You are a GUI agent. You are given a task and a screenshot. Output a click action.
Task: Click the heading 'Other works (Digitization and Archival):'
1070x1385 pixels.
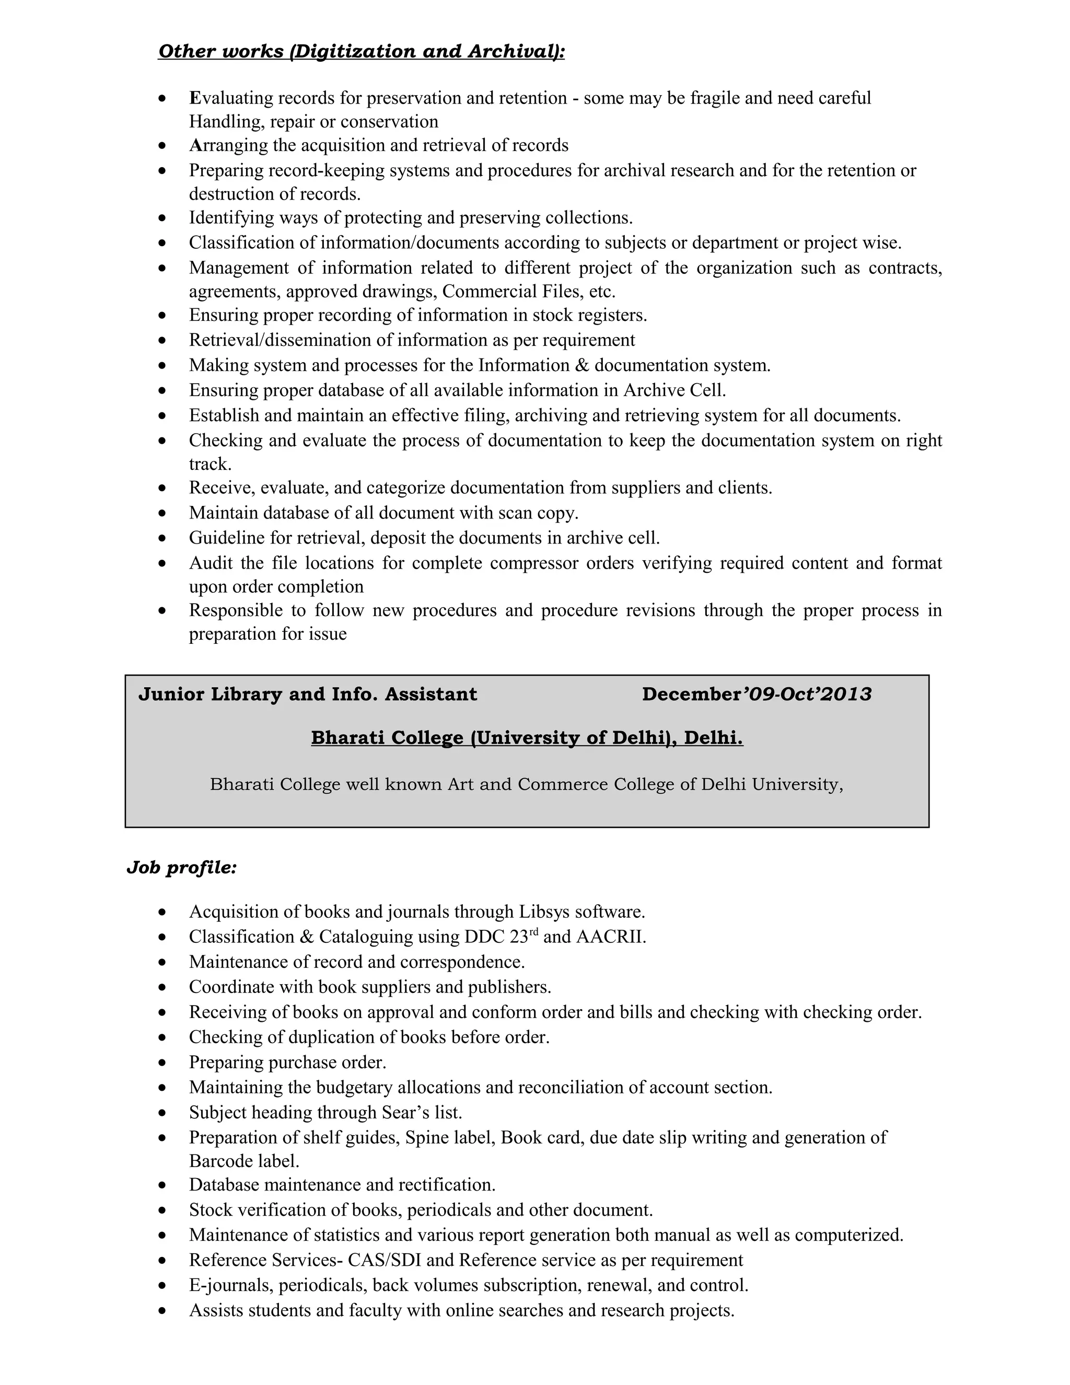362,51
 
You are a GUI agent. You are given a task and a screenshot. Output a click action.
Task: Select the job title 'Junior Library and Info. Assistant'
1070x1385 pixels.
307,695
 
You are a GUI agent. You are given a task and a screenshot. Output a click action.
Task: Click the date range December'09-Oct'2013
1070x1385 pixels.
756,695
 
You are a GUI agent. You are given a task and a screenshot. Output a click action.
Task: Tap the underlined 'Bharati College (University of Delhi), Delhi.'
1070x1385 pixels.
527,738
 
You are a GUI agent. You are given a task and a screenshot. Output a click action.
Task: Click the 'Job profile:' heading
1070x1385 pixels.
181,868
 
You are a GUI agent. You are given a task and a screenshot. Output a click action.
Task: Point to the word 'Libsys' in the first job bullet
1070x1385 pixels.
544,912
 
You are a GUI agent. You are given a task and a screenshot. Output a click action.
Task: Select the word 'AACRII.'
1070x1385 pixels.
611,937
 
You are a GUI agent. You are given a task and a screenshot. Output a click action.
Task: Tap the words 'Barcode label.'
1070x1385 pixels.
244,1161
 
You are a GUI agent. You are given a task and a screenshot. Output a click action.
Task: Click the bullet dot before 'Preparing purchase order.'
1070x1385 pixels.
163,1063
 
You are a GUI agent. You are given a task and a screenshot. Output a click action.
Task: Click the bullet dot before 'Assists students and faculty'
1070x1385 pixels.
163,1311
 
